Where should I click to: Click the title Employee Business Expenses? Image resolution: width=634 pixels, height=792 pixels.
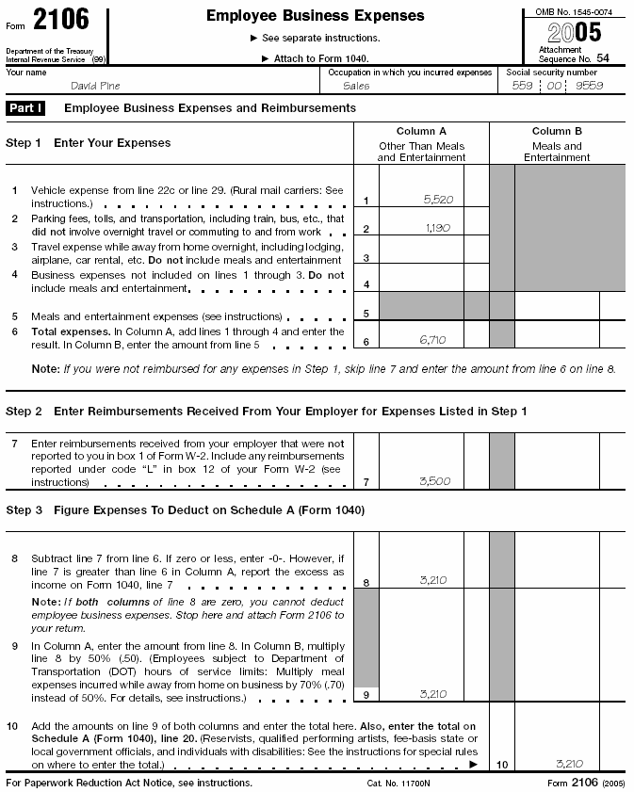315,16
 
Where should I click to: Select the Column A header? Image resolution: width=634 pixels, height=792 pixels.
421,132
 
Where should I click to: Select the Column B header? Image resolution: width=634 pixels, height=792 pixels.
557,132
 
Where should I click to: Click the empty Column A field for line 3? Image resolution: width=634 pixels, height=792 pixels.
421,252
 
